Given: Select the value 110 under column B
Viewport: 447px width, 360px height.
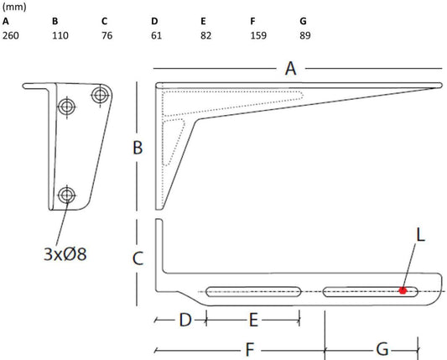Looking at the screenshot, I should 60,36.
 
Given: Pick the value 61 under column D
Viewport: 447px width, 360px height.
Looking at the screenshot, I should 156,36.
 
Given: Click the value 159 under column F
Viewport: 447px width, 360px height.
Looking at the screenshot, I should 259,36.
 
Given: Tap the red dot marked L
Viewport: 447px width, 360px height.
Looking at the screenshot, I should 403,291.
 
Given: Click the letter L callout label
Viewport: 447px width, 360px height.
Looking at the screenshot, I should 420,236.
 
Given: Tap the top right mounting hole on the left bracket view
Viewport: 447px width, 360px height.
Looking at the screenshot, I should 100,95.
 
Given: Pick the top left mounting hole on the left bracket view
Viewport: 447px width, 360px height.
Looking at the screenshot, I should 66,106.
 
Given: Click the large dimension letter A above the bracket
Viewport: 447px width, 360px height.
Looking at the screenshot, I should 291,69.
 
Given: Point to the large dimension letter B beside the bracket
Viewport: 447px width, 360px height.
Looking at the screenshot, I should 138,149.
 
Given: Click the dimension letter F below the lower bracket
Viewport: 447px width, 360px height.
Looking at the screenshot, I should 250,347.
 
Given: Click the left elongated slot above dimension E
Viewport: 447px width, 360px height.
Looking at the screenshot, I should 254,292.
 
